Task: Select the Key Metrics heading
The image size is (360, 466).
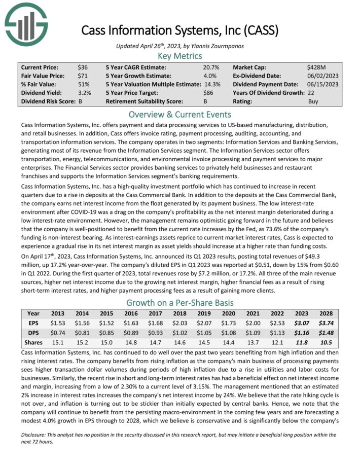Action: point(180,56)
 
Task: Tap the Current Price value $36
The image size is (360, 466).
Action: point(82,67)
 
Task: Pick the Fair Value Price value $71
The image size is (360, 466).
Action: point(82,76)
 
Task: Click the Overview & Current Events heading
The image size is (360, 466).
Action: point(180,114)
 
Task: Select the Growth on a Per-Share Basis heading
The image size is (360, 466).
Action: point(180,302)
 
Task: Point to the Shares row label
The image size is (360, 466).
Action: point(33,342)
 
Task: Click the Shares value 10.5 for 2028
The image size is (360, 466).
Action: point(326,342)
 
